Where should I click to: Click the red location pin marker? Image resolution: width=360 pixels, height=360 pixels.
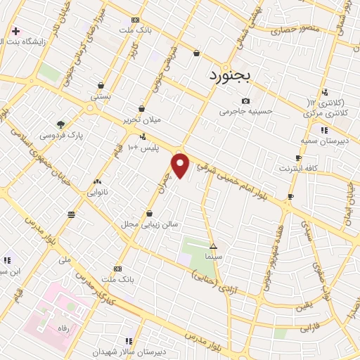(x=181, y=165)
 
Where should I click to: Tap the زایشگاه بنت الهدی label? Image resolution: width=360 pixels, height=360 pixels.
(x=32, y=41)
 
